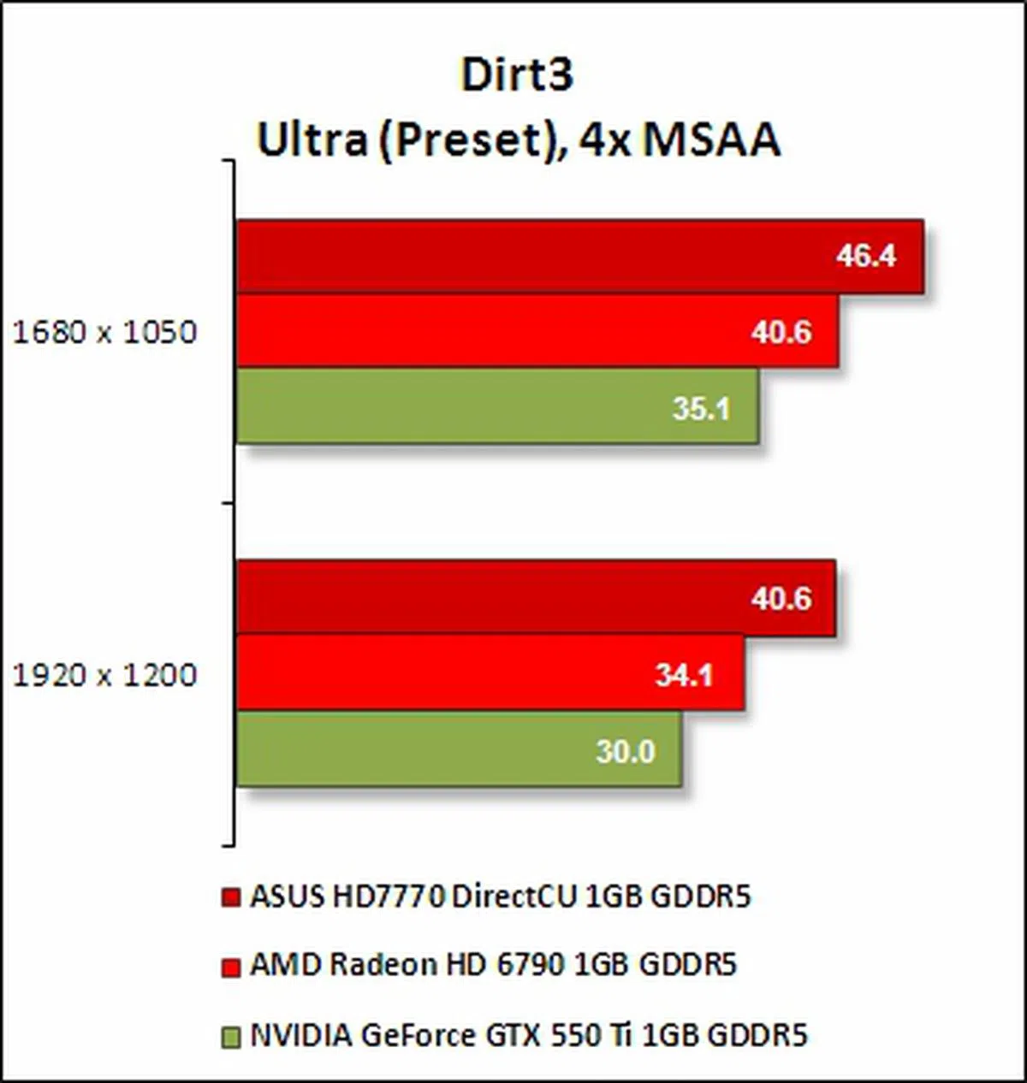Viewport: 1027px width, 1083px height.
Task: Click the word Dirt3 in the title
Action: [x=517, y=75]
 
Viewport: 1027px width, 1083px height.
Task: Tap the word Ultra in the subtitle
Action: [x=309, y=140]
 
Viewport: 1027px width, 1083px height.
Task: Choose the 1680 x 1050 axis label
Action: [x=105, y=332]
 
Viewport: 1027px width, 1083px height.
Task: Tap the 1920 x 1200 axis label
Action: [x=105, y=676]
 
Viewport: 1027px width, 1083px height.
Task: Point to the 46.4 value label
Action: [x=866, y=256]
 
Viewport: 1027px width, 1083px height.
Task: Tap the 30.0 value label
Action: [x=625, y=752]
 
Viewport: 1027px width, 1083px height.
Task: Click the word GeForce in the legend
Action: [x=422, y=1036]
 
